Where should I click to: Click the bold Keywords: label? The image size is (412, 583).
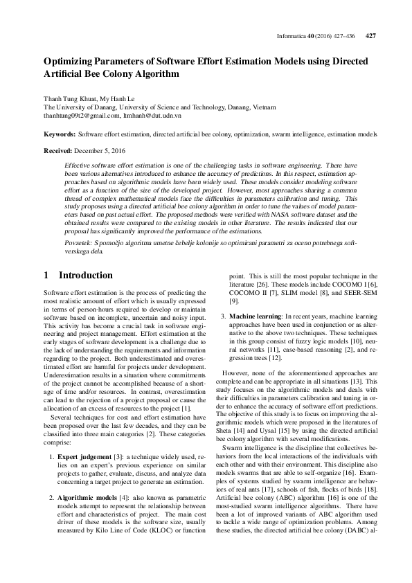click(x=60, y=133)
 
